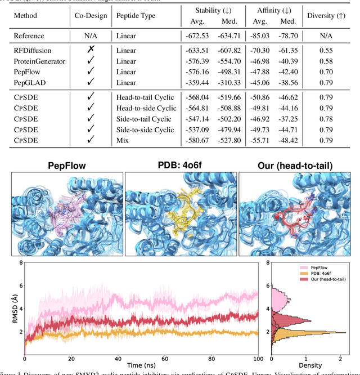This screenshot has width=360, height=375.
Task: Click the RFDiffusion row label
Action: pos(33,50)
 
